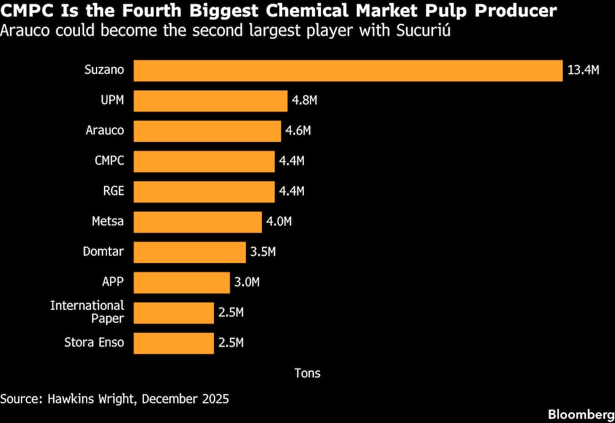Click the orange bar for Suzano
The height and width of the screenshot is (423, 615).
point(348,71)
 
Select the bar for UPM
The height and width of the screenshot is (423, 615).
point(210,101)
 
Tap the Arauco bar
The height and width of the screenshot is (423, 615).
point(207,132)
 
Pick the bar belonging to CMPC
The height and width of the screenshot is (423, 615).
point(204,162)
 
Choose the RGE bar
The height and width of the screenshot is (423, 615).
point(204,192)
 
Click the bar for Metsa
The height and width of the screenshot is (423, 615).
point(197,222)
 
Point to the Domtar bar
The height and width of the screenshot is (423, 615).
point(190,252)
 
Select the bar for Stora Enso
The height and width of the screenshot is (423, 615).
point(174,343)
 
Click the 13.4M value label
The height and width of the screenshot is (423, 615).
point(583,69)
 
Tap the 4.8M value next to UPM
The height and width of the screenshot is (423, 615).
point(304,100)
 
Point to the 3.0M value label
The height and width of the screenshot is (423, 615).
point(247,282)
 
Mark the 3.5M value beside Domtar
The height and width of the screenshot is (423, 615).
point(263,251)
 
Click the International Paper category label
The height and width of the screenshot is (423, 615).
point(87,312)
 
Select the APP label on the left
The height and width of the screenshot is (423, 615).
point(113,282)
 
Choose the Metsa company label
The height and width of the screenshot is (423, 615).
point(108,221)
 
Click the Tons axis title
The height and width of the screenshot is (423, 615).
point(307,373)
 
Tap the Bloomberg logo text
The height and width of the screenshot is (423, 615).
point(581,414)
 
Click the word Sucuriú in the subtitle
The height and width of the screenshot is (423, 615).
point(423,31)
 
